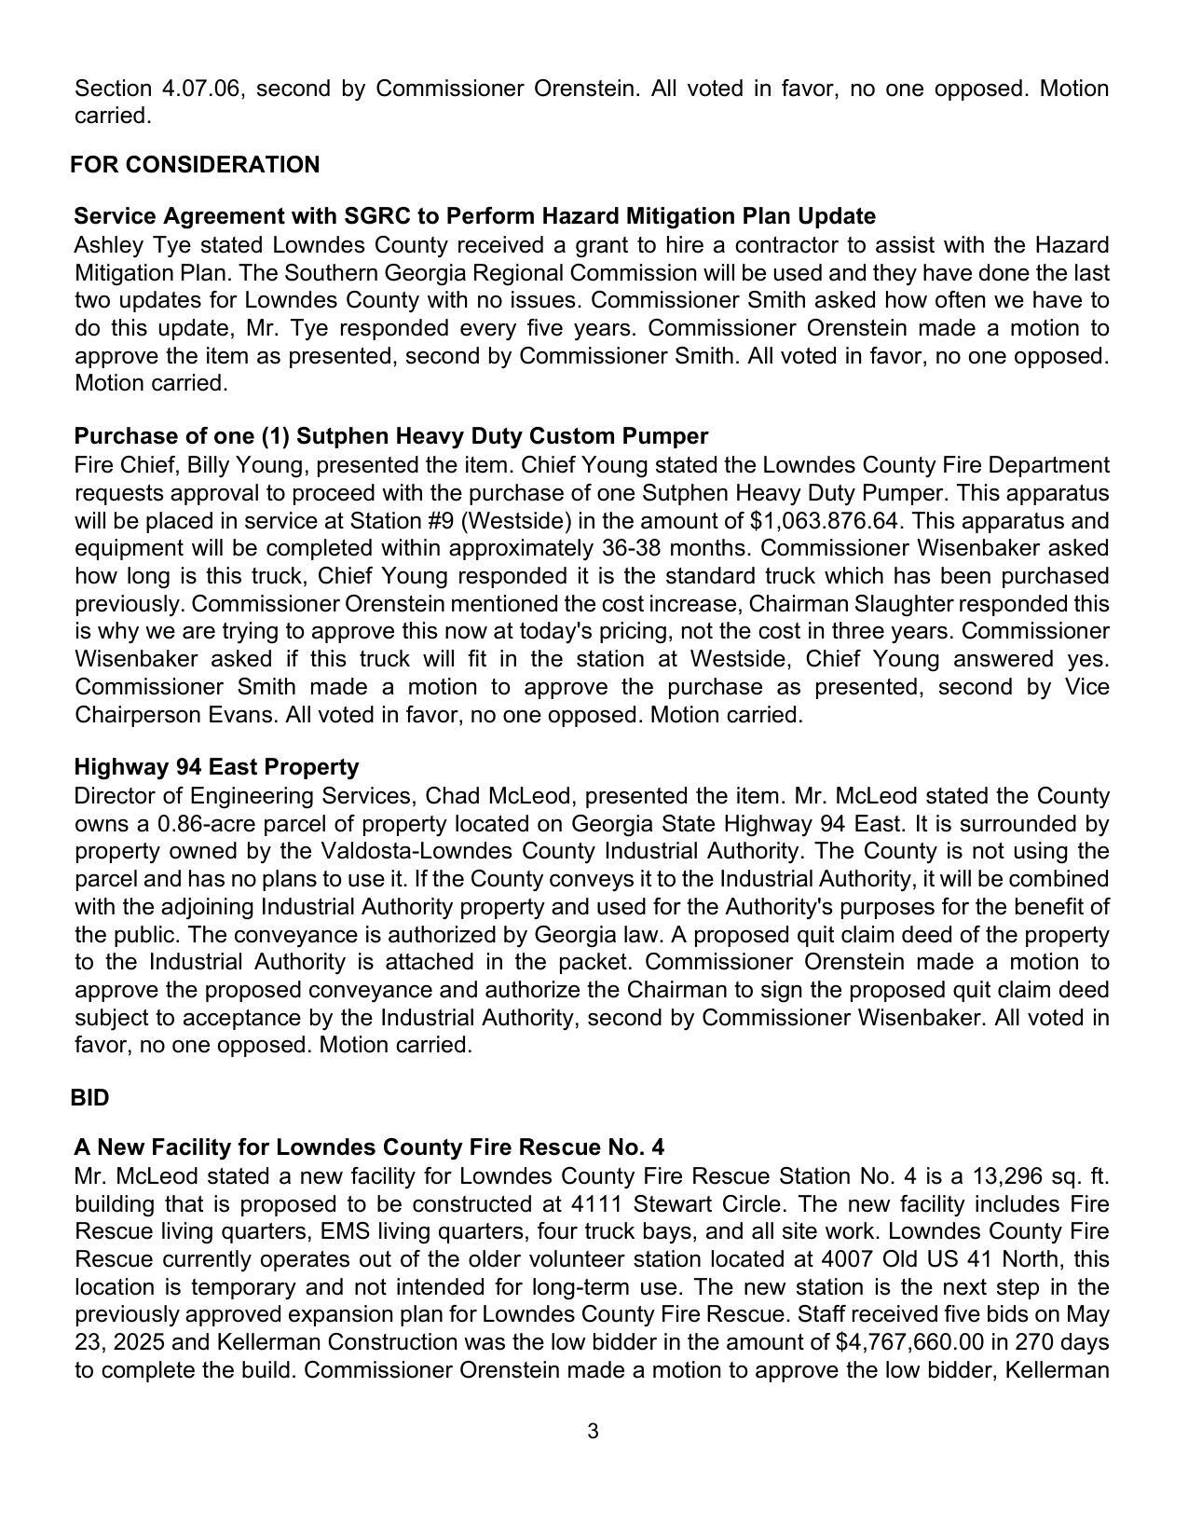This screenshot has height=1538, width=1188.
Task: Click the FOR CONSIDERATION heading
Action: [195, 165]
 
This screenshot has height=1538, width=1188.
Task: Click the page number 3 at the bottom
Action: [593, 1431]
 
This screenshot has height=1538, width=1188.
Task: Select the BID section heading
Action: [89, 1098]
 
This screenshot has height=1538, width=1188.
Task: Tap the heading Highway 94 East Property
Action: [216, 767]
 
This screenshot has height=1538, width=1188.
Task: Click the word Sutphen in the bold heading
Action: [338, 436]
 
